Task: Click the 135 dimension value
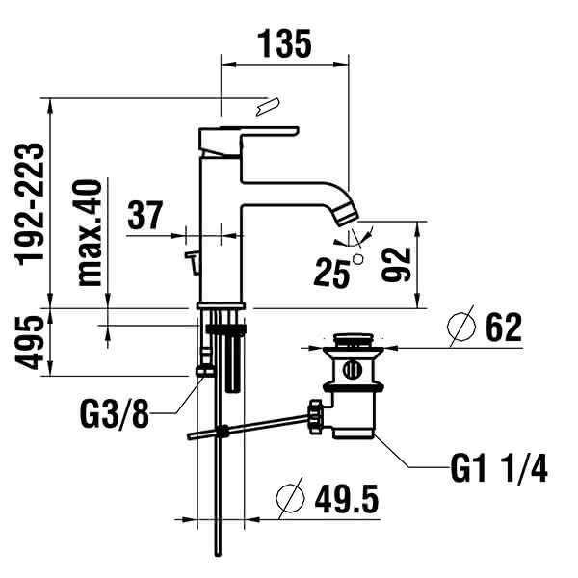[284, 43]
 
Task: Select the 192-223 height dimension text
[30, 204]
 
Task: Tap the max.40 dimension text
[90, 233]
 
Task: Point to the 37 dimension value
[144, 215]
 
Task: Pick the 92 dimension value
[396, 264]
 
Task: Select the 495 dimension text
[30, 342]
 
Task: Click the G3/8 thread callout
[115, 413]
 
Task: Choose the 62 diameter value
[504, 327]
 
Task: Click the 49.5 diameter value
[347, 499]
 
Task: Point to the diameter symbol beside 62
[461, 326]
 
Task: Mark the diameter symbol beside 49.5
[291, 498]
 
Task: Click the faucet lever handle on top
[249, 141]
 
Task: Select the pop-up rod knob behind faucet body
[193, 262]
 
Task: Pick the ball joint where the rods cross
[223, 431]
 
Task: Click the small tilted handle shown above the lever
[268, 107]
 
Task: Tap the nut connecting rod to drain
[316, 416]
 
